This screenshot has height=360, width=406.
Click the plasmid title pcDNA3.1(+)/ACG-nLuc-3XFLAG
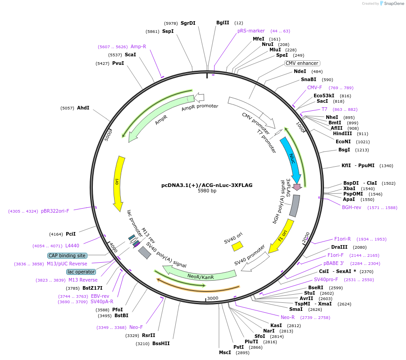point(207,185)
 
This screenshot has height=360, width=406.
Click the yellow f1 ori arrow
point(282,236)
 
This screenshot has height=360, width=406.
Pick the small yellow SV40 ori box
point(237,246)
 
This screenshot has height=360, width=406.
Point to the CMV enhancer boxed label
point(302,63)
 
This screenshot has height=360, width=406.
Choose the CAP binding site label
point(67,255)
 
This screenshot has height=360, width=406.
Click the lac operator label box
point(81,272)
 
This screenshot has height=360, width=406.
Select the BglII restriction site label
point(223,23)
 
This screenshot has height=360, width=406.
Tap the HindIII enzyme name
point(342,133)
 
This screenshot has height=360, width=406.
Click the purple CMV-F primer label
point(315,87)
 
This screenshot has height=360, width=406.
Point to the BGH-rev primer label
point(351,207)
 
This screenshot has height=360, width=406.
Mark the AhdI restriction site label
point(83,108)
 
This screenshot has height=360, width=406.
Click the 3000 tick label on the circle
point(213,298)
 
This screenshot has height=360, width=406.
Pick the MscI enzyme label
point(225,352)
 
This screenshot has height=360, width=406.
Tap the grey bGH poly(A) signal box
point(294,205)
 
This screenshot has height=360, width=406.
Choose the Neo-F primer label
point(136,327)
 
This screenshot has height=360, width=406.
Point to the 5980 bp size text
point(207,191)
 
